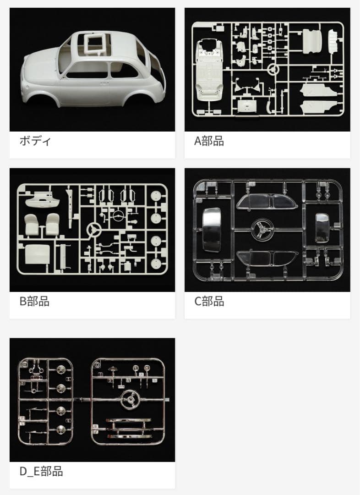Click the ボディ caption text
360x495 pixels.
35,141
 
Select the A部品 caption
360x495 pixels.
209,141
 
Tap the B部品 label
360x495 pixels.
34,302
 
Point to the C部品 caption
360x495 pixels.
209,302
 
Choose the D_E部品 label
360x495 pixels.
41,471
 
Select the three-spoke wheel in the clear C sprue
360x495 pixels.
263,228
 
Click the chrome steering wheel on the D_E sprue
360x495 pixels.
130,400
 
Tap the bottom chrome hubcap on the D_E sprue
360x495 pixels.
60,430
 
